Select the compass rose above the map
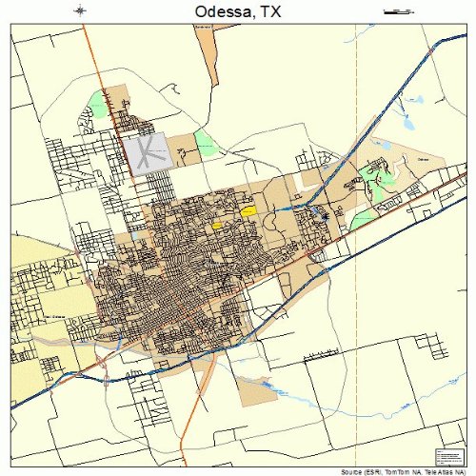click(80, 10)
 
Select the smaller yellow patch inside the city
click(217, 226)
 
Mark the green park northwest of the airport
click(97, 102)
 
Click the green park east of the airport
click(205, 144)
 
